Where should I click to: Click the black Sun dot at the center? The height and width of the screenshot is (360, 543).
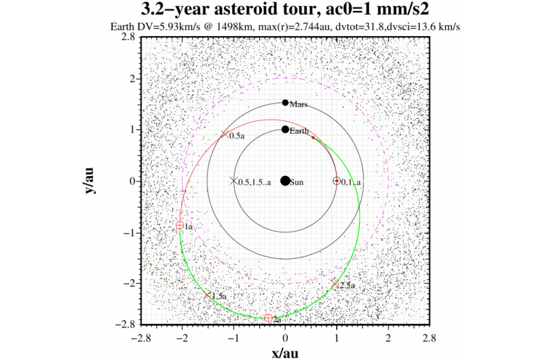click(x=285, y=181)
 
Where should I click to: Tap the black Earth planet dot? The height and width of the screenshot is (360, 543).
click(x=285, y=129)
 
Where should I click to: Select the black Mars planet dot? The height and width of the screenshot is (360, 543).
click(x=285, y=103)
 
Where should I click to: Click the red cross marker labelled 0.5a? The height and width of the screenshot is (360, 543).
click(x=225, y=134)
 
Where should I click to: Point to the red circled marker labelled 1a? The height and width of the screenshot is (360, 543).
click(x=180, y=225)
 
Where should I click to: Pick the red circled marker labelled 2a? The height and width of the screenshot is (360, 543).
click(x=269, y=318)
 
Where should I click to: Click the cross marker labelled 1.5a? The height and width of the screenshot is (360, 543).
click(x=208, y=295)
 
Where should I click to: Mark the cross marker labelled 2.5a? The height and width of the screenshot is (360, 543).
click(x=335, y=283)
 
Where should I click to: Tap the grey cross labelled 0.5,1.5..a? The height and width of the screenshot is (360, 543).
click(x=233, y=181)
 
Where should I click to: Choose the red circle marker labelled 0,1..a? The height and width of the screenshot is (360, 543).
click(x=336, y=181)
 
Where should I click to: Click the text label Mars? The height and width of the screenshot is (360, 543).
click(x=299, y=105)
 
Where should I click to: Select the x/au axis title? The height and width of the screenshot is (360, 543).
click(x=284, y=352)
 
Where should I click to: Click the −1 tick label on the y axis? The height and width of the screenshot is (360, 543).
click(x=128, y=232)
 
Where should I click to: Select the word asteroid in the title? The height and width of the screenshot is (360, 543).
click(x=259, y=11)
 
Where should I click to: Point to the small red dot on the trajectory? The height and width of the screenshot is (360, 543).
click(x=313, y=137)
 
